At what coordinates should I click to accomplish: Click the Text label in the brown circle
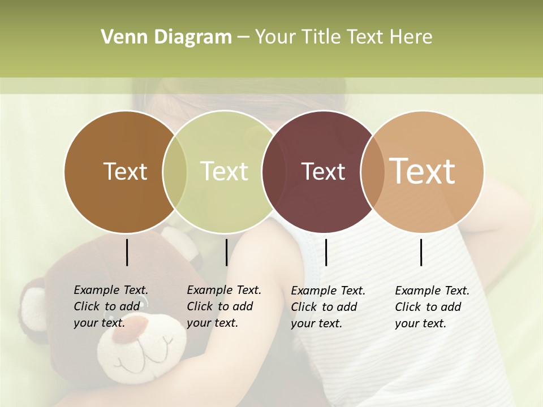pyautogui.click(x=125, y=171)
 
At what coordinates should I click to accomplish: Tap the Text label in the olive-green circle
pyautogui.click(x=225, y=171)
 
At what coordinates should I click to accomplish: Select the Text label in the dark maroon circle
pyautogui.click(x=323, y=172)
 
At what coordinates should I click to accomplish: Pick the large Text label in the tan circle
pyautogui.click(x=423, y=171)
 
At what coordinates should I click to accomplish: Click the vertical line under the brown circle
pyautogui.click(x=127, y=252)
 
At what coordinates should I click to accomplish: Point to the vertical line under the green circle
pyautogui.click(x=226, y=252)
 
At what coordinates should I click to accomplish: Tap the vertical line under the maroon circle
pyautogui.click(x=326, y=252)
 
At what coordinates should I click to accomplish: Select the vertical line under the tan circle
pyautogui.click(x=421, y=252)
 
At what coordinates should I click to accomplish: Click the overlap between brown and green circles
pyautogui.click(x=175, y=172)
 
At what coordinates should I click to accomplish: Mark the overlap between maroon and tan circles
pyautogui.click(x=373, y=172)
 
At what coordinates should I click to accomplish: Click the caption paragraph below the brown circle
pyautogui.click(x=111, y=307)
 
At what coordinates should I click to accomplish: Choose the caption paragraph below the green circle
pyautogui.click(x=224, y=307)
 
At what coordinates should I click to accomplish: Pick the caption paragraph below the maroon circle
pyautogui.click(x=328, y=308)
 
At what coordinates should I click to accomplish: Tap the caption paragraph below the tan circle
pyautogui.click(x=432, y=308)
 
